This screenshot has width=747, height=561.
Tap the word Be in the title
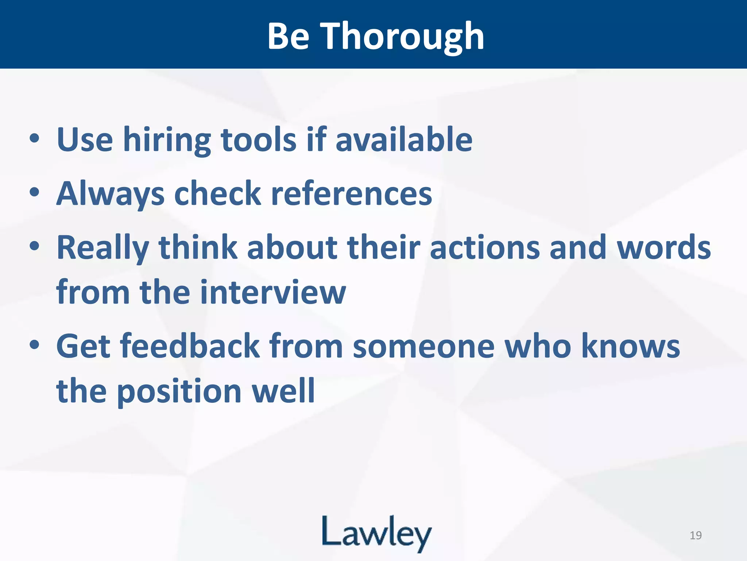[x=289, y=37]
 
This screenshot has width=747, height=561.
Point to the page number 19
[x=696, y=535]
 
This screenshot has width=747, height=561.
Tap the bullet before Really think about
[x=35, y=247]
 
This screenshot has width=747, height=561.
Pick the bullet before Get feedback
[x=35, y=345]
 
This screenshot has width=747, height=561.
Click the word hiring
[x=167, y=141]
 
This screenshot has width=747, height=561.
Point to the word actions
[x=485, y=248]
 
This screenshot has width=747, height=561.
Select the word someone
[x=423, y=346]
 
